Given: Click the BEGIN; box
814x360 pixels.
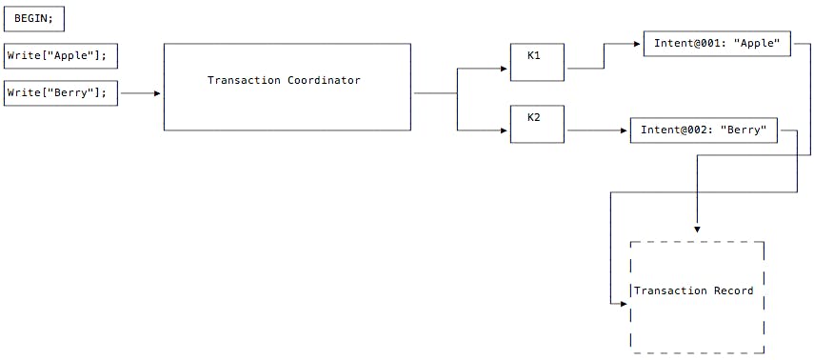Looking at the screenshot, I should (34, 18).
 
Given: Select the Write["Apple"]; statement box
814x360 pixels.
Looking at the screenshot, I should (61, 56).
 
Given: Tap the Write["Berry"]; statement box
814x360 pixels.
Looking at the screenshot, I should (61, 93).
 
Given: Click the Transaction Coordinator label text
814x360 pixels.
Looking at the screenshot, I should (284, 80).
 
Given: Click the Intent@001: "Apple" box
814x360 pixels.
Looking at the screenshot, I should (717, 44).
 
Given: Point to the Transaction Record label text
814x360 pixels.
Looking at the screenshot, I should (693, 290).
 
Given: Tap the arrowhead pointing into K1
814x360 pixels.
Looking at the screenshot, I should (506, 69).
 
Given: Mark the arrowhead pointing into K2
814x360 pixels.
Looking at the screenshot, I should (506, 130).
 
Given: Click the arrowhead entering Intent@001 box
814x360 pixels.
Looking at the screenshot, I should (639, 44).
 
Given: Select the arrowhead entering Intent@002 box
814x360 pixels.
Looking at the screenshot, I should (625, 130).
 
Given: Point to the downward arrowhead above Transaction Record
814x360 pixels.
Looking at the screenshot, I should (697, 229).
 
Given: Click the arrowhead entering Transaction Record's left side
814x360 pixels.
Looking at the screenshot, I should (625, 305).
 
